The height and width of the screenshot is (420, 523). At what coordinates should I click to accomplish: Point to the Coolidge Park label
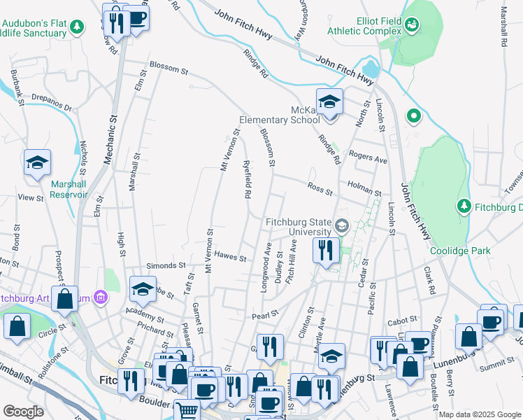coord(461,251)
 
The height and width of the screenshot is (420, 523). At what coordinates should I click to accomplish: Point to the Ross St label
coord(320,187)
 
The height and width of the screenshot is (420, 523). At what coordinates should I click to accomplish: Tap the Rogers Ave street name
coord(368,159)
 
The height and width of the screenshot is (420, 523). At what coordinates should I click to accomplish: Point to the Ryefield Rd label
coord(247,180)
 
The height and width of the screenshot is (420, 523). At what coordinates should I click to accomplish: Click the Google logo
coord(23,412)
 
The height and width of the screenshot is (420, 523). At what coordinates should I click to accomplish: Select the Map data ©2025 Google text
coord(479,414)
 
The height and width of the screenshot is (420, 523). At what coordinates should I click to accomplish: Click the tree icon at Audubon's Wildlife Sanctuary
coord(76,27)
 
